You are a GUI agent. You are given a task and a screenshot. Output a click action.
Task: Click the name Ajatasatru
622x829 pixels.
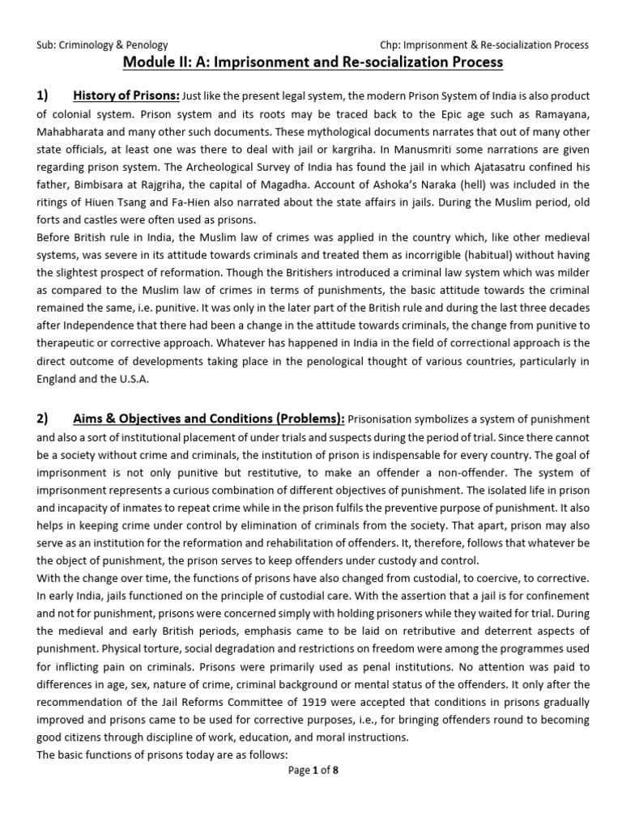(x=511, y=168)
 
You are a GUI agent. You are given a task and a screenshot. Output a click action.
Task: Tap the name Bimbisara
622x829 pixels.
(x=102, y=185)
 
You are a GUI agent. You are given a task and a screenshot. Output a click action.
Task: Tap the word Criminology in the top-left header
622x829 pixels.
(x=88, y=45)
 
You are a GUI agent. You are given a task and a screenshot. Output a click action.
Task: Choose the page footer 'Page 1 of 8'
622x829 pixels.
(x=313, y=771)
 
